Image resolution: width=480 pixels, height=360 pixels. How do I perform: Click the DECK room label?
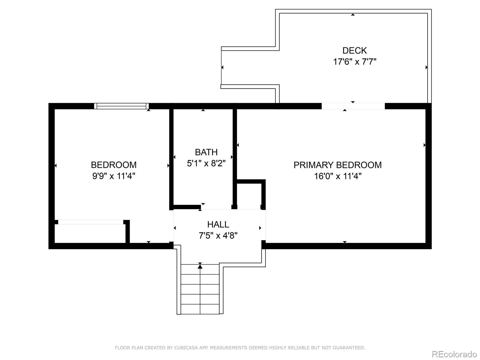click(x=355, y=50)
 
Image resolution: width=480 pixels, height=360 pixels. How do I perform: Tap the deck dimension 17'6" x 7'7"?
click(x=355, y=62)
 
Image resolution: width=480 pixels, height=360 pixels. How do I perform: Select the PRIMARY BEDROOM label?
click(x=337, y=165)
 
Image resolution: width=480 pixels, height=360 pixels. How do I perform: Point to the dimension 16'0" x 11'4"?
click(x=337, y=176)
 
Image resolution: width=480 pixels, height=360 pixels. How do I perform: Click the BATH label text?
click(x=206, y=152)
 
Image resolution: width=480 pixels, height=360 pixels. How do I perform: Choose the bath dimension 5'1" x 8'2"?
click(x=206, y=163)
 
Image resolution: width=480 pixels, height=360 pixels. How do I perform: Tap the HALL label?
click(x=218, y=224)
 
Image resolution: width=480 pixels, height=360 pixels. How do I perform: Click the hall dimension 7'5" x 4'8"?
click(x=218, y=235)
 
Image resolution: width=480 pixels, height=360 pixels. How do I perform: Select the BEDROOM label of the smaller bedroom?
click(x=114, y=165)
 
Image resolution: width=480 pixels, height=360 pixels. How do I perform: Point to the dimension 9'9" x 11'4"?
click(x=114, y=176)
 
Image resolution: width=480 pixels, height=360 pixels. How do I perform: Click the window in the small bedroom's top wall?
click(x=121, y=106)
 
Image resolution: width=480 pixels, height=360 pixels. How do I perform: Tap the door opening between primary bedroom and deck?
click(x=353, y=106)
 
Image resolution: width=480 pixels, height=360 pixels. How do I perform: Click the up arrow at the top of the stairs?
click(x=200, y=266)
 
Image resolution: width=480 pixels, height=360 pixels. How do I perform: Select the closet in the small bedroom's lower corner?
click(x=90, y=233)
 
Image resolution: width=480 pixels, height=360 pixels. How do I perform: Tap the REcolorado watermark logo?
click(x=454, y=354)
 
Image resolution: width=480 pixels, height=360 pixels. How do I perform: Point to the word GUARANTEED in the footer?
click(x=349, y=348)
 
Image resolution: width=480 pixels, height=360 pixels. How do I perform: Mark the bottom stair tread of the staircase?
click(x=200, y=309)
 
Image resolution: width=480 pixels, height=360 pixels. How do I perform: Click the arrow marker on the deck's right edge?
click(x=426, y=67)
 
